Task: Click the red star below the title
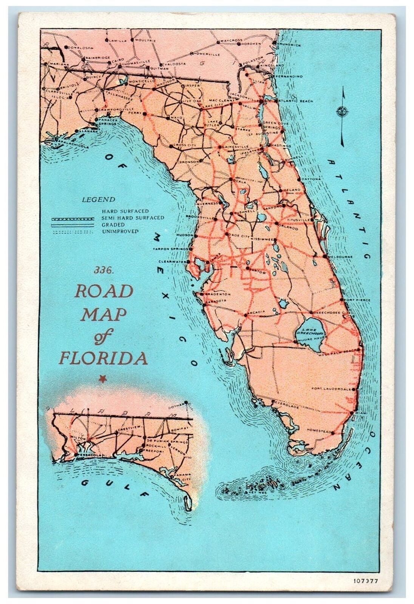click(x=101, y=379)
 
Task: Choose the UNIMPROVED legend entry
click(x=120, y=231)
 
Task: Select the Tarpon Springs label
click(x=170, y=249)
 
